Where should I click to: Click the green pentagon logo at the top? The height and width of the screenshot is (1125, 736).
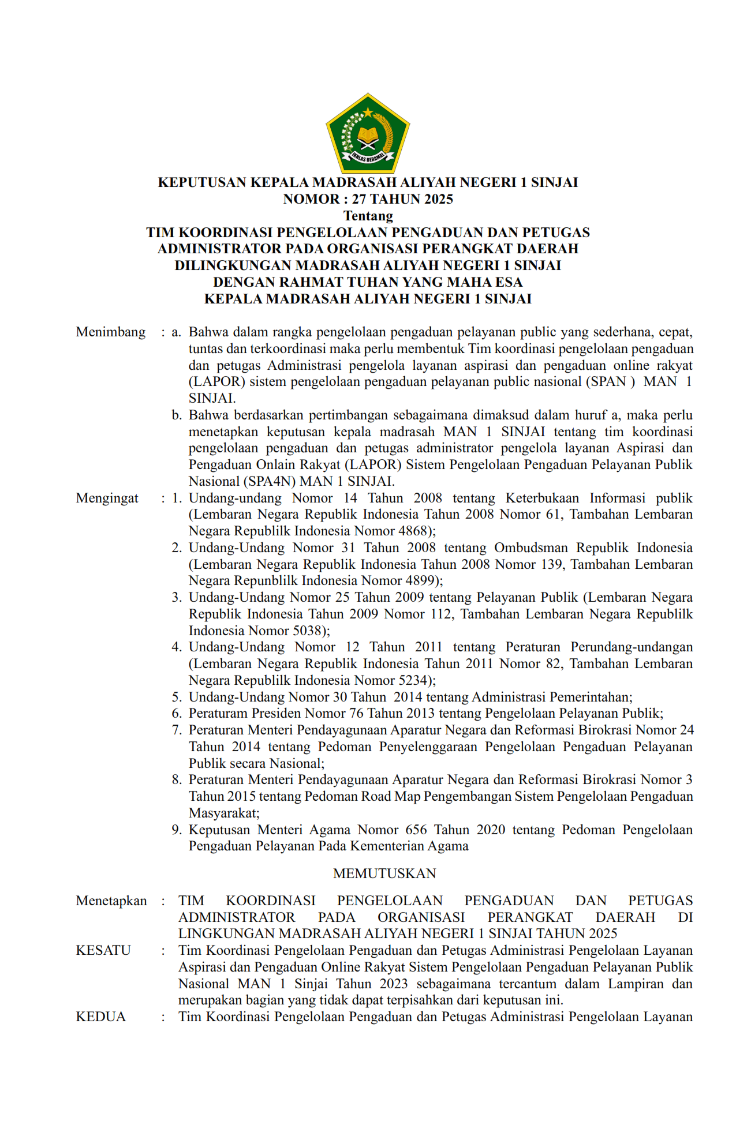pos(368,134)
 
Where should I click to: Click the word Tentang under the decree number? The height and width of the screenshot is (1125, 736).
pos(368,216)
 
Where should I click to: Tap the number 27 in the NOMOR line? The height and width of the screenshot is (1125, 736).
pos(359,199)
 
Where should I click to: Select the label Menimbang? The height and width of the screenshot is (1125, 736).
pos(111,332)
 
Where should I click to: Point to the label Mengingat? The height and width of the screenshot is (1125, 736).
pos(107,498)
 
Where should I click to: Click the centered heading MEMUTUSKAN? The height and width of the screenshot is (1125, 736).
pos(384,873)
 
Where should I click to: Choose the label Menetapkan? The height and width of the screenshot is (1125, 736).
pos(111,901)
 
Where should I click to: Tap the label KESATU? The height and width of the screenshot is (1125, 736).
pos(103,951)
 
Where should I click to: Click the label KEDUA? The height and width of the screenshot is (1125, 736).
pos(101,1017)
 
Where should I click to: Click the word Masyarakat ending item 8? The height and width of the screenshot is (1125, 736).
pos(223,813)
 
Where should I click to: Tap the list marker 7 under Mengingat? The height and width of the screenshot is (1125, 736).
pos(177,730)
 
